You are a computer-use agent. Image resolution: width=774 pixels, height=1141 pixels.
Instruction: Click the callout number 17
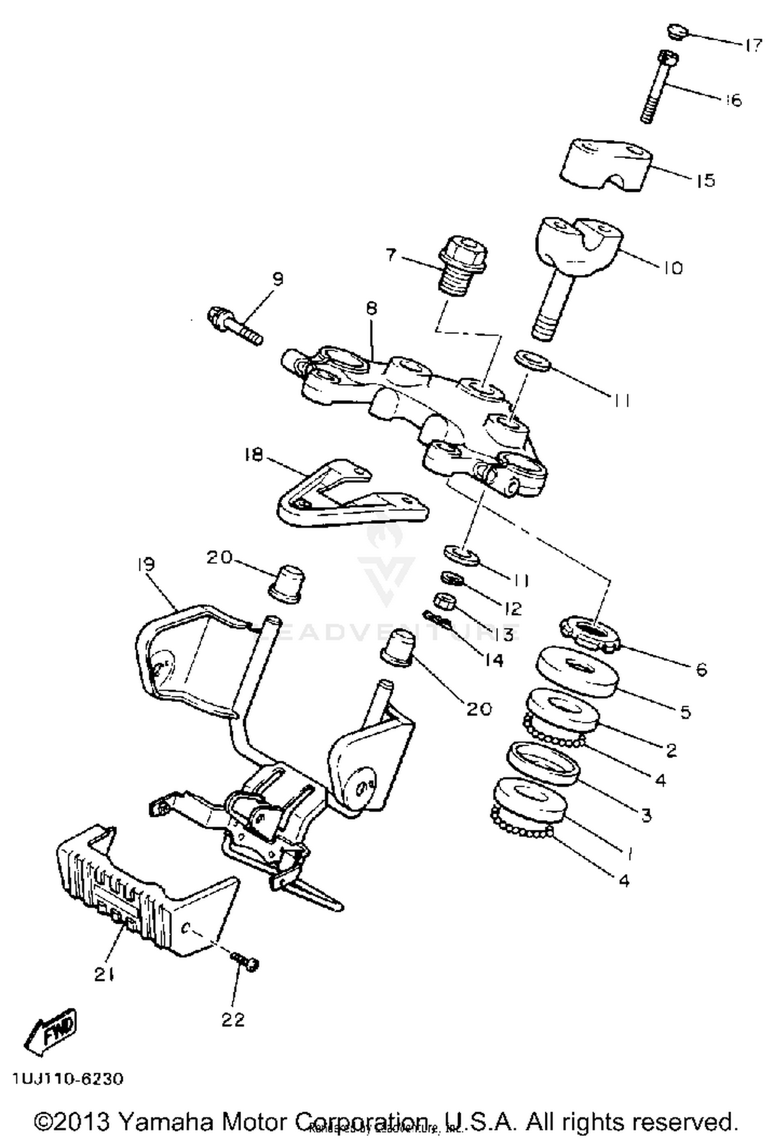[x=753, y=45]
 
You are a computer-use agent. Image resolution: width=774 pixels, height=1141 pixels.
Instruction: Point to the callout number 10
[x=673, y=268]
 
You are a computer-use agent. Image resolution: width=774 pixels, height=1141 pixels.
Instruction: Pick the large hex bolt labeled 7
[x=462, y=268]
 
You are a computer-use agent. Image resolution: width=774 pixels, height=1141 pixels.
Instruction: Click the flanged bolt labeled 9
[x=234, y=326]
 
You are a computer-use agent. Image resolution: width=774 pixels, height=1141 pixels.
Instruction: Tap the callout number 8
[x=372, y=309]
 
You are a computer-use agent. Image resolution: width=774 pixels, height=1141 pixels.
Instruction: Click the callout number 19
[x=146, y=564]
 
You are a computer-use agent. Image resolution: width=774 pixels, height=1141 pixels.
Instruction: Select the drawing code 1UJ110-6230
[x=68, y=1079]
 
